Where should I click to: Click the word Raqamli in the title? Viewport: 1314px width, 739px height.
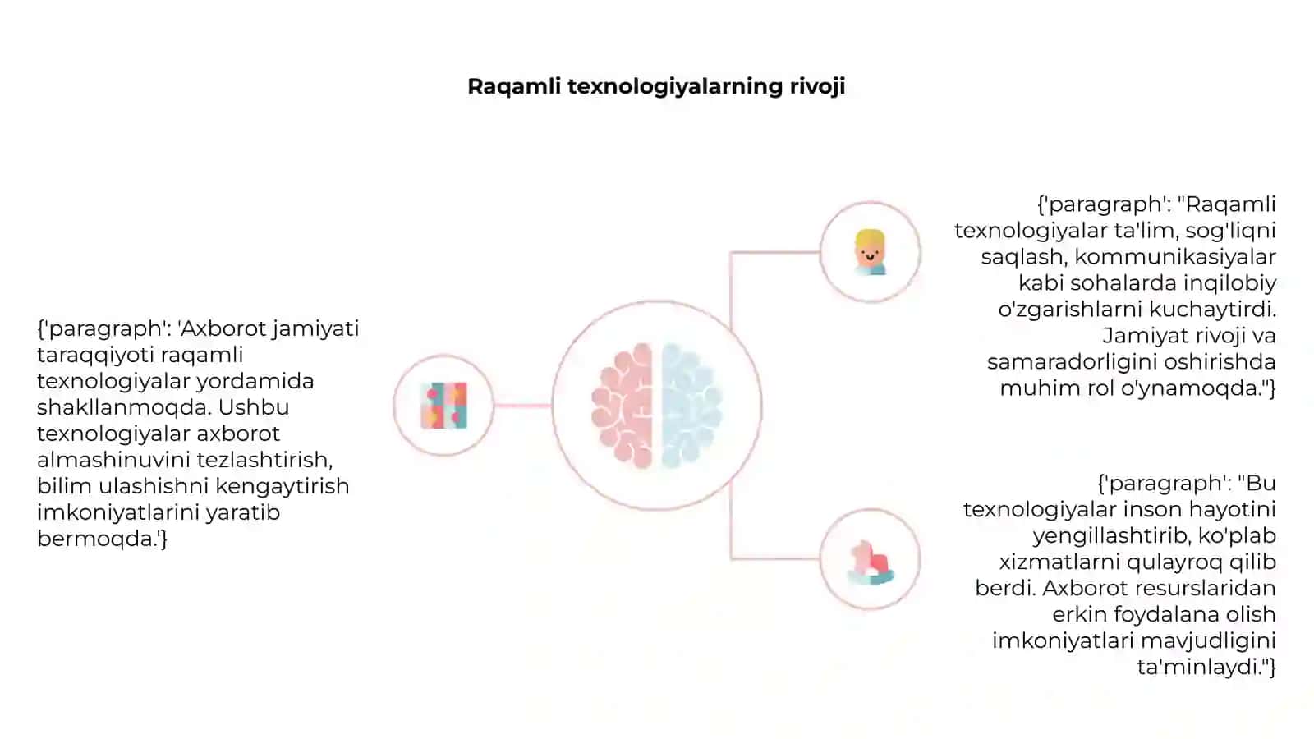(513, 87)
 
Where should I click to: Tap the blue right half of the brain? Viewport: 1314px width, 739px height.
(691, 406)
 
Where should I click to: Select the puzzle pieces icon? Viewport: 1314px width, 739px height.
(444, 406)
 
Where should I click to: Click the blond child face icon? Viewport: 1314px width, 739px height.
(870, 252)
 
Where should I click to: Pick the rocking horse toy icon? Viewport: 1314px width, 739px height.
(871, 562)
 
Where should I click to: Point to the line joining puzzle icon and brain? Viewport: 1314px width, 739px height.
(522, 406)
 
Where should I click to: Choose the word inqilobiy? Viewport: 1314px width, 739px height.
(1229, 283)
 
